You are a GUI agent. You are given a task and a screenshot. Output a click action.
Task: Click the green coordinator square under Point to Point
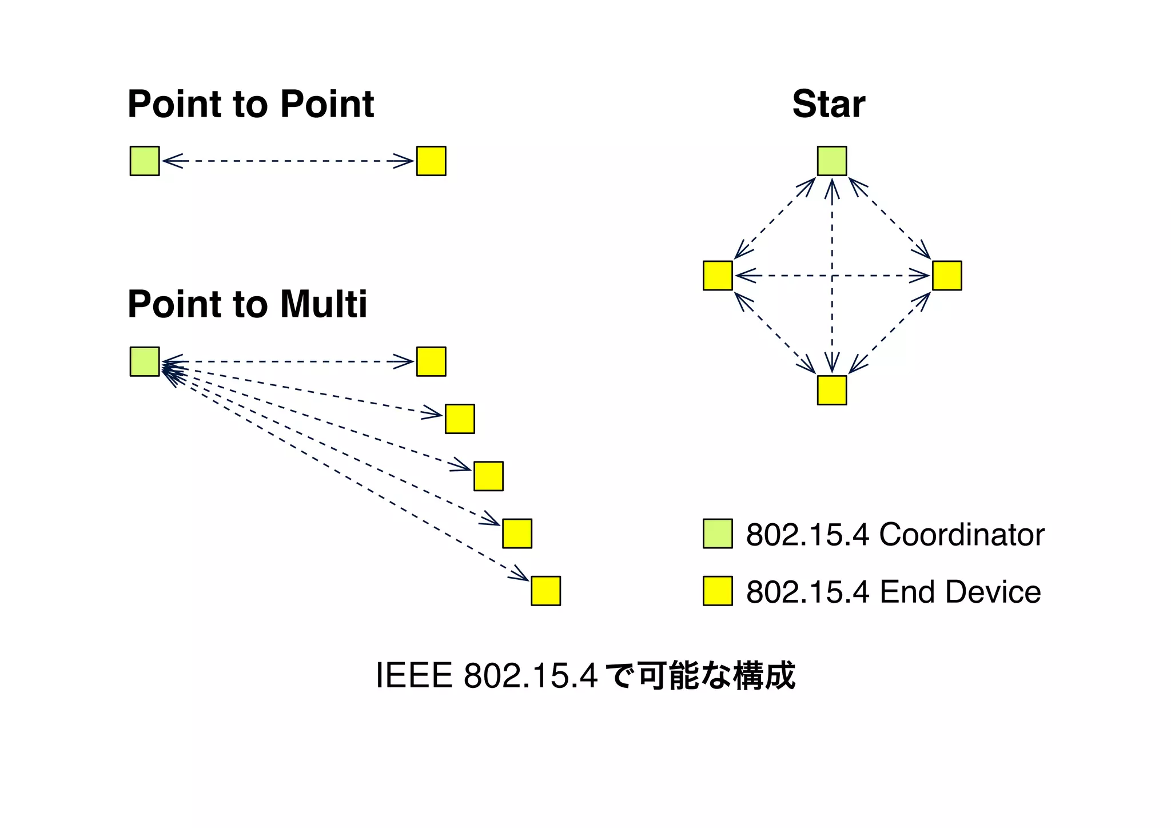pos(145,161)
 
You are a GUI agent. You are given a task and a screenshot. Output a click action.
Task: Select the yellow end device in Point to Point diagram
pos(431,161)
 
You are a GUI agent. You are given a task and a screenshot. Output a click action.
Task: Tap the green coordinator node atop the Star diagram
pos(832,161)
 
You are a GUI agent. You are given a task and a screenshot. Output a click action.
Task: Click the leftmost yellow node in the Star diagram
pos(718,276)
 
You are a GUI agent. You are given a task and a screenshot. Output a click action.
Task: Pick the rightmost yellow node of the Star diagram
pos(947,276)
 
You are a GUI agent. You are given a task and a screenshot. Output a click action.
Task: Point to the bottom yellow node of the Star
pos(832,390)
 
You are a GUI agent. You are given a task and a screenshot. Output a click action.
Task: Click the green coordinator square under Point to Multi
pos(145,361)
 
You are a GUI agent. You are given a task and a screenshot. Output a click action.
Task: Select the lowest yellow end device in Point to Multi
pos(545,591)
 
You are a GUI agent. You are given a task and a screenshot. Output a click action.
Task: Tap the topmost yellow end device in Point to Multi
pos(431,361)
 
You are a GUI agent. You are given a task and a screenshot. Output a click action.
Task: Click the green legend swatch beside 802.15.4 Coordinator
pos(718,534)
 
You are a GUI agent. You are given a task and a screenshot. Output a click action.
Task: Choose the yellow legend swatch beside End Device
pos(718,591)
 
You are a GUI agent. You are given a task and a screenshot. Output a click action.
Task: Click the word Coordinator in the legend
pos(962,535)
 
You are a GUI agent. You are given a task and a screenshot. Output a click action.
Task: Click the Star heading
pos(829,105)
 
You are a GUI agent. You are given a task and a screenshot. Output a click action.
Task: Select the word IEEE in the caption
pos(414,676)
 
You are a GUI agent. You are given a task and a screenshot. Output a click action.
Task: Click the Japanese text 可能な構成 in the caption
pos(716,676)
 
